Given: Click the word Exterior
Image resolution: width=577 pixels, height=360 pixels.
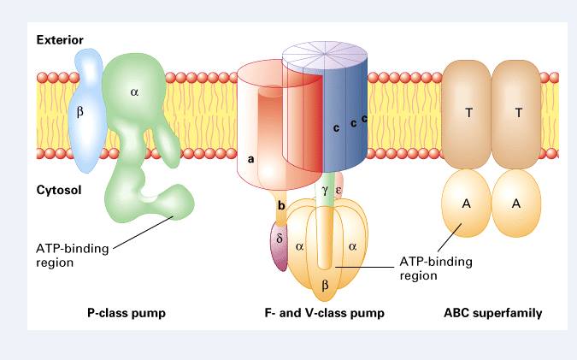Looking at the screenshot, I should (59, 39).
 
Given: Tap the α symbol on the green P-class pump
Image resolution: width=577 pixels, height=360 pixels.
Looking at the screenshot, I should (133, 89).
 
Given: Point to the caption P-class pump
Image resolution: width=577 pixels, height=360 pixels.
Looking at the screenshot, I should (126, 314).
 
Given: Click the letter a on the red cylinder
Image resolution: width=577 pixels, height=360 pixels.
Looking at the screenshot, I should (250, 158).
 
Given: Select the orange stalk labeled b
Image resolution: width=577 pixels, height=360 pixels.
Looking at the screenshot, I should (280, 209).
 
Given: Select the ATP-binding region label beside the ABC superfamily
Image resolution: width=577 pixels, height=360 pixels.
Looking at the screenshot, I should (436, 269).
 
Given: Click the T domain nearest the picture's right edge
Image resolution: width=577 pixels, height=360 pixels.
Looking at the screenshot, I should (516, 114).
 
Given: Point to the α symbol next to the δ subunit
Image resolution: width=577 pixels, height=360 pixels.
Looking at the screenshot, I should (299, 245).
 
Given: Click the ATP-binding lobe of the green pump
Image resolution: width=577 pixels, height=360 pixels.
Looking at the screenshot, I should (175, 204).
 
